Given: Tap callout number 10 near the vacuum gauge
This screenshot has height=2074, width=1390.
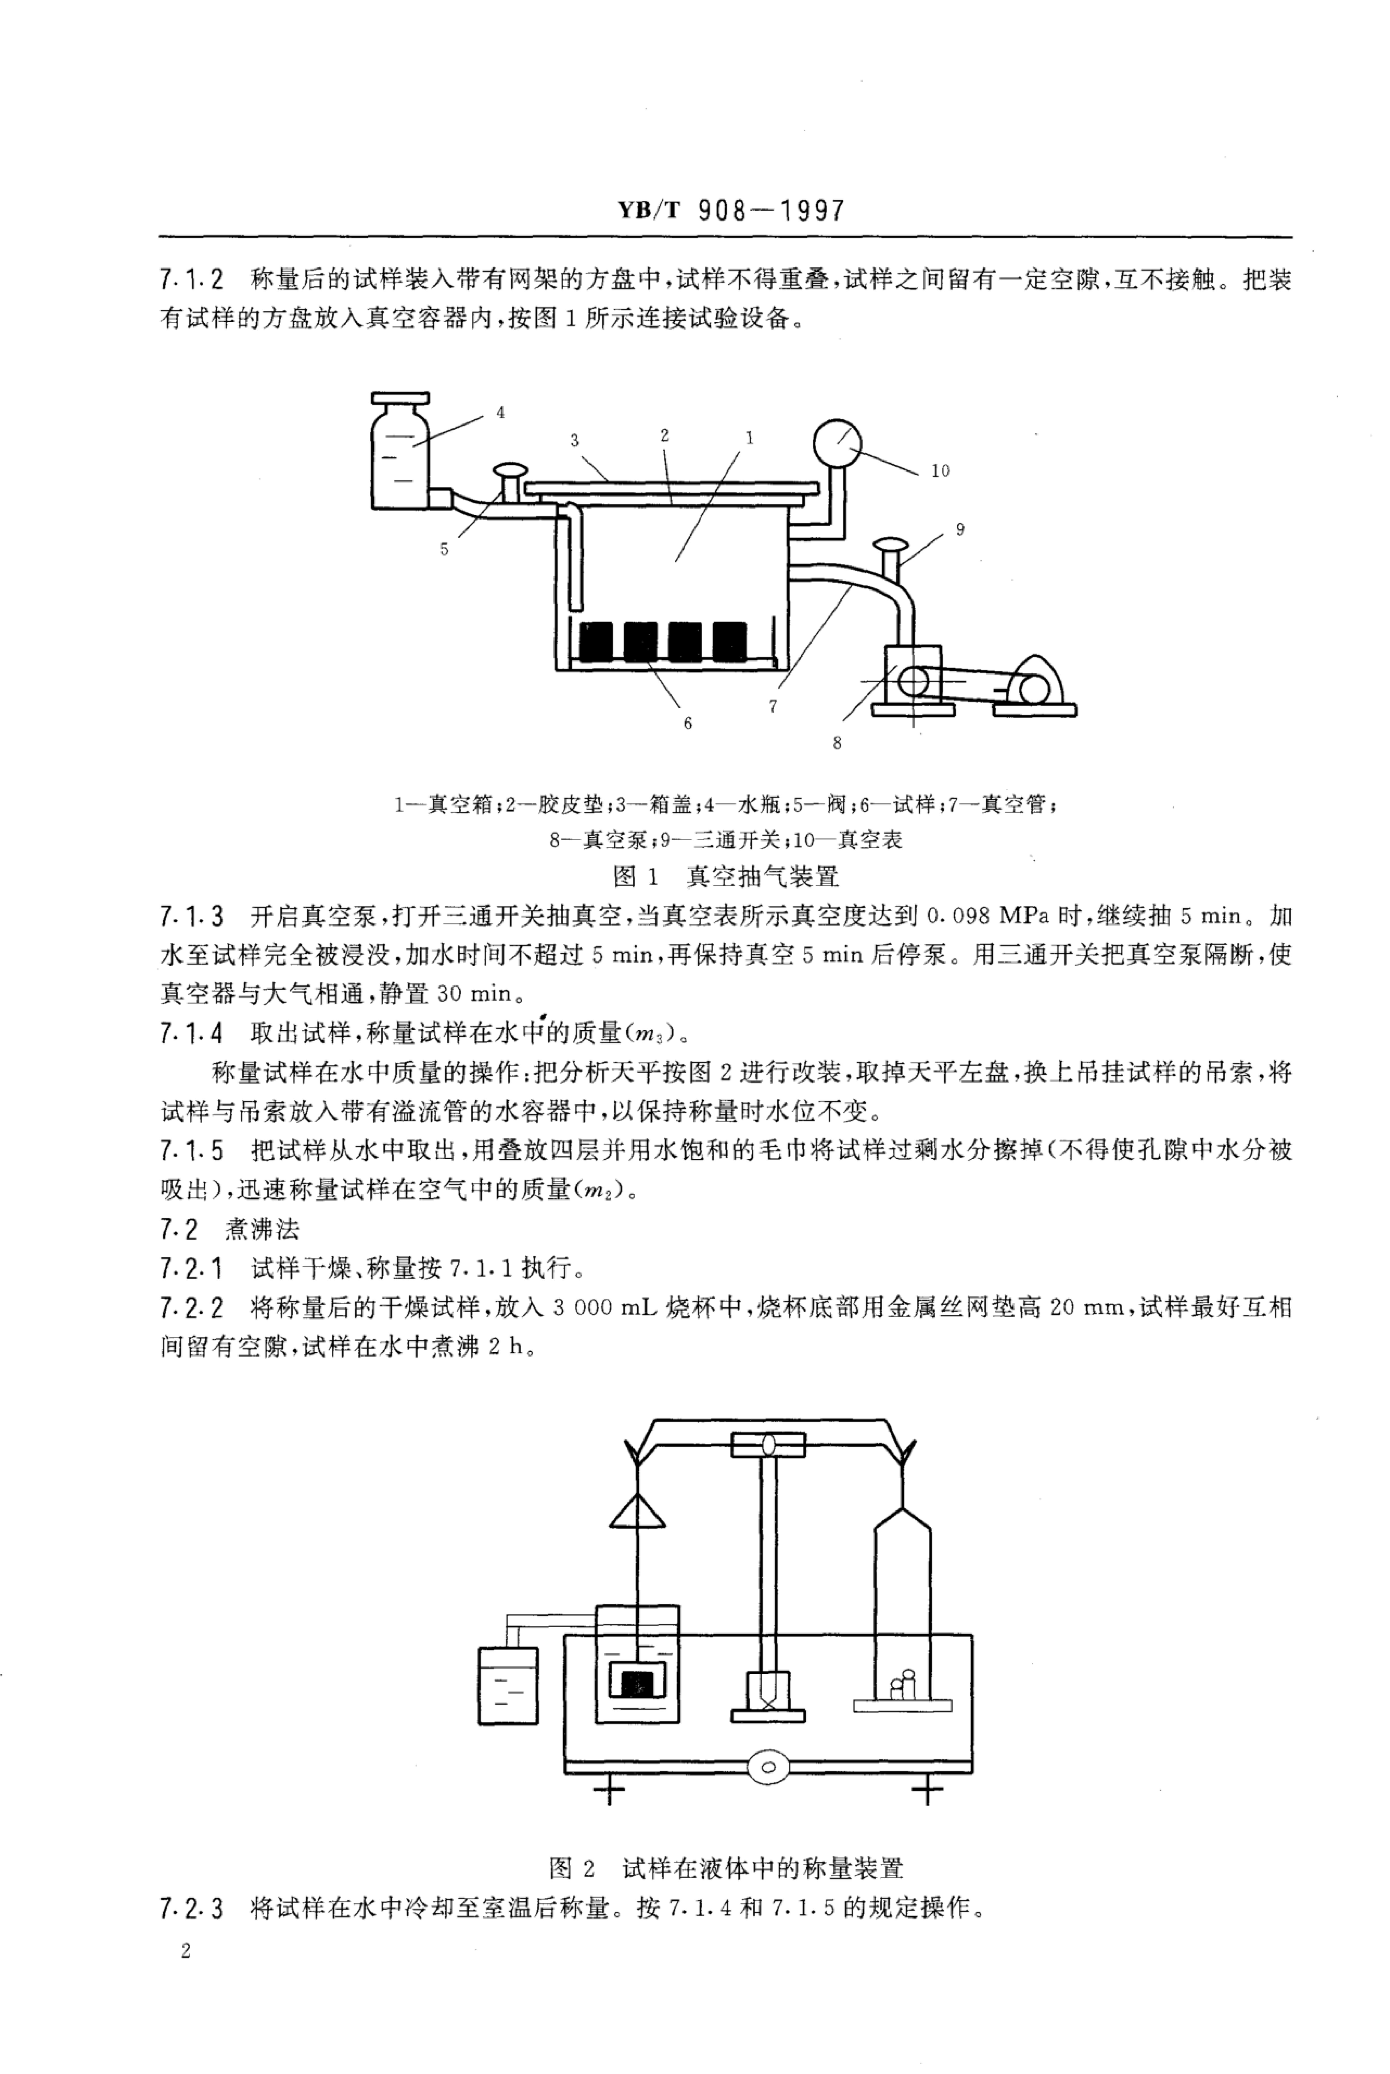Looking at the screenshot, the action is coord(940,471).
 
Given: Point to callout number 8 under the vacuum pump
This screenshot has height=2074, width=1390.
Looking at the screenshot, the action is coord(837,743).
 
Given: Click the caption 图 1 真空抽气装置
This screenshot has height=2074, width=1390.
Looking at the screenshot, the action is coord(726,877).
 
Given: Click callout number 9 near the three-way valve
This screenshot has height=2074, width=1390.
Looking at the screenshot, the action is coord(960,529).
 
